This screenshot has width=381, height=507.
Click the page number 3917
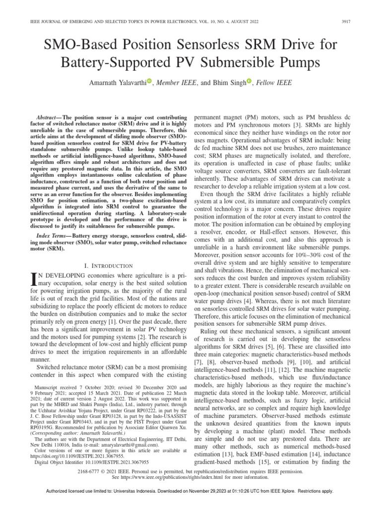tap(358, 22)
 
